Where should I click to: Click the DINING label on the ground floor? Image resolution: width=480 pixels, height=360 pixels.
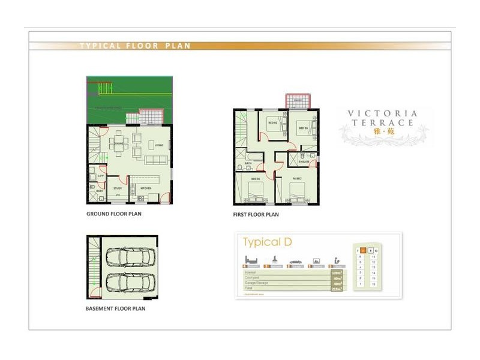coord(119,143)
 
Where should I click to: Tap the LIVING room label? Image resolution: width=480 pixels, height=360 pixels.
coord(158,145)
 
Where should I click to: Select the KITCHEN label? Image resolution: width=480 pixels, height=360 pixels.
coord(146,188)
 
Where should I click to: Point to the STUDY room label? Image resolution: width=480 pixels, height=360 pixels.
coord(118,188)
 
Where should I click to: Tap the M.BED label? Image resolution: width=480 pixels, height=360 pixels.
coord(296,179)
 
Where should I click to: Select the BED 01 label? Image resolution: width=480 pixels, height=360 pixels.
coord(254,179)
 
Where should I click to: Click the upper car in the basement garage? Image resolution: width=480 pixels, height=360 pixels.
coord(127,257)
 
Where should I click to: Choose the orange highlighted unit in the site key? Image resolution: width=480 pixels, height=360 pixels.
coord(364,250)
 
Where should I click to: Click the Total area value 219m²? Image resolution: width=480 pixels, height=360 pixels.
coord(336,289)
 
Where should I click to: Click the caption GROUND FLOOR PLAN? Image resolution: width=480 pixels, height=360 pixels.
coord(114,213)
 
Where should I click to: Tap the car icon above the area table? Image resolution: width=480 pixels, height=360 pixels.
coord(295,262)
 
